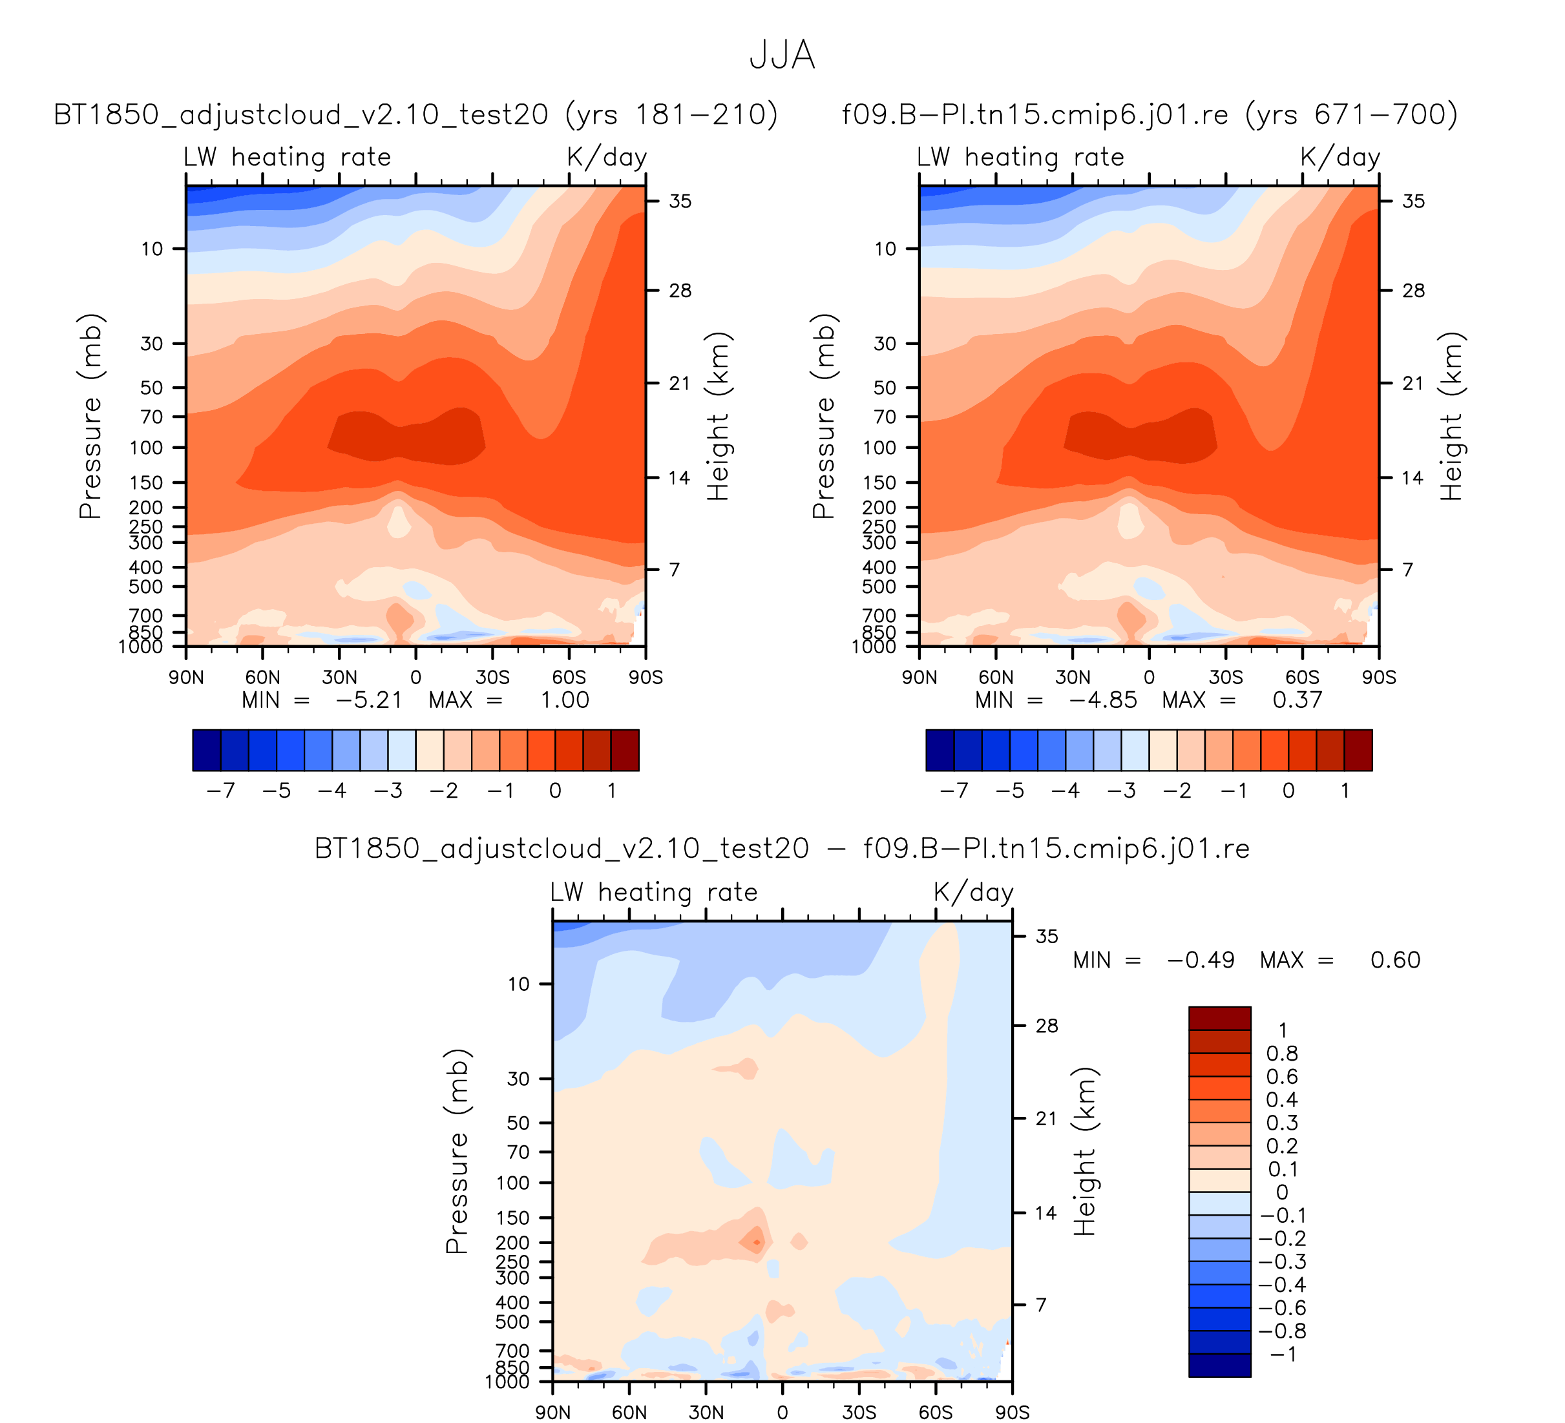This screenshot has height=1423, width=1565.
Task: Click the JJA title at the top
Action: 782,56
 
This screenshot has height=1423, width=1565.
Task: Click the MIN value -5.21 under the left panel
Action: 369,701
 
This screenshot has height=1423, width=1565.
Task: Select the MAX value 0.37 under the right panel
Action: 1297,701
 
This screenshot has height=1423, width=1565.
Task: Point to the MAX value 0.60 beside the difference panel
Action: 1395,961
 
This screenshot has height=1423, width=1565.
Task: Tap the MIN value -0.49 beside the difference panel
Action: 1200,961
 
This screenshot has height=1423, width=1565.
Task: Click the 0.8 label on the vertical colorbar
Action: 1281,1054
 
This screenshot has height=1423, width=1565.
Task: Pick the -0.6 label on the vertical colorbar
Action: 1281,1308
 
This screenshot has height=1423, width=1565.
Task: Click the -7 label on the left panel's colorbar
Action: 221,791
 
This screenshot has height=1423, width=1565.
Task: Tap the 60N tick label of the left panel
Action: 262,678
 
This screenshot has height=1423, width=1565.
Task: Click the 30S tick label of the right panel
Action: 1226,678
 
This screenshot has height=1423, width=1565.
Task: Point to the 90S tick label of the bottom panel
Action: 1013,1413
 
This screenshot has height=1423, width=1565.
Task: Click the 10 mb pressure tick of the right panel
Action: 885,249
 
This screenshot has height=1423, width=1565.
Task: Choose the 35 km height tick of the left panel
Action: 680,202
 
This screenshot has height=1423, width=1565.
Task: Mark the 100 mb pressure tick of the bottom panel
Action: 512,1183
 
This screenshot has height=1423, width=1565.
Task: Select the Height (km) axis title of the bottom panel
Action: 1084,1152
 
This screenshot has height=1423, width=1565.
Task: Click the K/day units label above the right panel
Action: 1340,158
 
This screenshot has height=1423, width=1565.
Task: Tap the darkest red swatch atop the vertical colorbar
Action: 1219,1018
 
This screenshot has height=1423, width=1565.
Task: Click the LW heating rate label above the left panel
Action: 288,158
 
